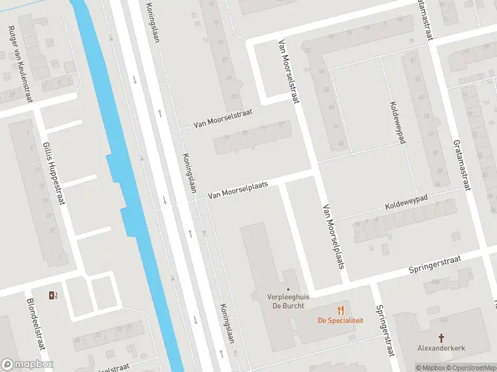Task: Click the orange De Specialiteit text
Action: pos(340,321)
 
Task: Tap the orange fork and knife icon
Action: pos(340,310)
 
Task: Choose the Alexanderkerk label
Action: pos(442,348)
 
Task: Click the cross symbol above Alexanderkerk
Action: pos(442,338)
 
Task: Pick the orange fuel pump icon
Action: pos(54,295)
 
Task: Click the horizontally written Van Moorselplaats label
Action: pos(237,190)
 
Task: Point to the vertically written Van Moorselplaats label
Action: pos(332,237)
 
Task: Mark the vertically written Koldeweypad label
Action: pos(397,122)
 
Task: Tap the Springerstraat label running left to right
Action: pos(435,265)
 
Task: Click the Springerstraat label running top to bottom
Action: pos(385,330)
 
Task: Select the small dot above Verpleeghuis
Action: pos(288,289)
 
